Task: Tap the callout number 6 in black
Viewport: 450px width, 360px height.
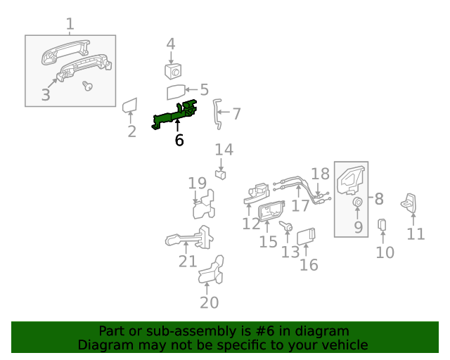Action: click(179, 141)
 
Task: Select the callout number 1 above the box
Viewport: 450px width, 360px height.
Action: click(70, 25)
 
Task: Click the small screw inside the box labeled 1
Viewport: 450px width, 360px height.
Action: click(88, 86)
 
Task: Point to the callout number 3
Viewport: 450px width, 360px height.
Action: click(46, 95)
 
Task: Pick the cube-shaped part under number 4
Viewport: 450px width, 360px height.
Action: click(173, 70)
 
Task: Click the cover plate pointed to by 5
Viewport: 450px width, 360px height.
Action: click(176, 92)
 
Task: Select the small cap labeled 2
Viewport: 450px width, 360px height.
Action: click(129, 107)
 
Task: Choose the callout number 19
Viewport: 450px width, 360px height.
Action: click(197, 184)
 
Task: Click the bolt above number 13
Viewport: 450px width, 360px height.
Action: click(288, 226)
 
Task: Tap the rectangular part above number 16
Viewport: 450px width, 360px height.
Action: click(307, 236)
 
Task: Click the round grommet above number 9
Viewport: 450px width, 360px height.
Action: click(357, 203)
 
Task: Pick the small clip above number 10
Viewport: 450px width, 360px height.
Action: click(383, 224)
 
